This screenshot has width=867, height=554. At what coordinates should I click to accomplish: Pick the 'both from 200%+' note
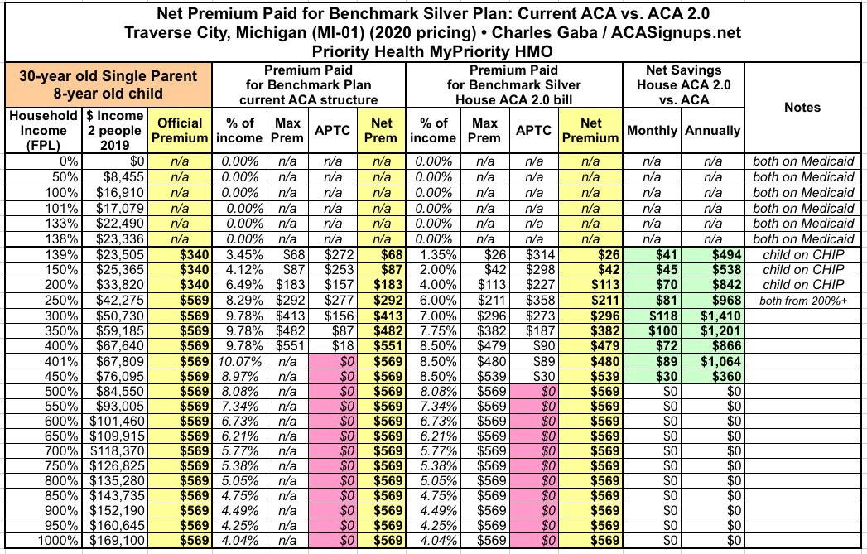pyautogui.click(x=802, y=300)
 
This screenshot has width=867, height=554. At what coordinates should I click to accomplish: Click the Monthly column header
pyautogui.click(x=653, y=131)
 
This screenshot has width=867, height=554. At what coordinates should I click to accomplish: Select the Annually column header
pyautogui.click(x=712, y=131)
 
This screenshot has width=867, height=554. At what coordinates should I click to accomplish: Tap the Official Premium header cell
pyautogui.click(x=180, y=130)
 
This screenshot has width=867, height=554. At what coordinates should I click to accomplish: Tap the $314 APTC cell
pyautogui.click(x=535, y=254)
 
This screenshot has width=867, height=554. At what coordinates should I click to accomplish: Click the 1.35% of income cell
pyautogui.click(x=431, y=254)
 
